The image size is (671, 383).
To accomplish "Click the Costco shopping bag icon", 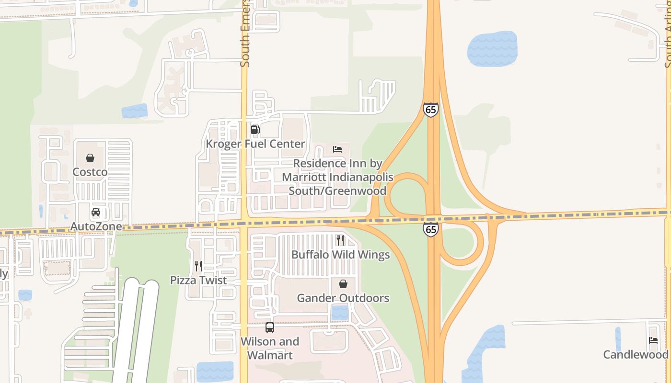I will pyautogui.click(x=90, y=158).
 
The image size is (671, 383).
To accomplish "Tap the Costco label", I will pyautogui.click(x=90, y=171).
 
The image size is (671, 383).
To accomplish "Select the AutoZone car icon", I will pyautogui.click(x=96, y=212).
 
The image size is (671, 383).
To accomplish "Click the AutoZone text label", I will pyautogui.click(x=96, y=226).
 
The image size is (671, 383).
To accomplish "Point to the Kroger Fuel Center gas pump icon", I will pyautogui.click(x=255, y=130).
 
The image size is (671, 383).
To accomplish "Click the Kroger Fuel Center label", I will pyautogui.click(x=255, y=144).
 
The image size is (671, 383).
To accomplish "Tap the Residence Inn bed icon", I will pyautogui.click(x=337, y=149).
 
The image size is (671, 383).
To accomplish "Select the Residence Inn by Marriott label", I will pyautogui.click(x=337, y=177).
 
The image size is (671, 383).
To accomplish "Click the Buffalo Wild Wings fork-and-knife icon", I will pyautogui.click(x=340, y=240).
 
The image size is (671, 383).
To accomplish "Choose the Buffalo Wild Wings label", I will pyautogui.click(x=340, y=254).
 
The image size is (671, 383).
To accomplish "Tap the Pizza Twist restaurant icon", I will pyautogui.click(x=198, y=266).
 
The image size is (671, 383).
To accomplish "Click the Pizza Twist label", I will pyautogui.click(x=198, y=280).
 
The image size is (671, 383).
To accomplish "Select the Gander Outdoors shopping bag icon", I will pyautogui.click(x=343, y=284).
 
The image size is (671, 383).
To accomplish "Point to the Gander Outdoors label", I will pyautogui.click(x=343, y=298).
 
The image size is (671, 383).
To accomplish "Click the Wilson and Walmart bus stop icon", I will pyautogui.click(x=270, y=327).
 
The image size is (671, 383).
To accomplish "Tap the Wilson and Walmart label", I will pyautogui.click(x=270, y=348).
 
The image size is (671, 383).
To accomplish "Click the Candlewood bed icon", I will pyautogui.click(x=653, y=341).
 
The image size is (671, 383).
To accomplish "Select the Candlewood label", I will pyautogui.click(x=636, y=354).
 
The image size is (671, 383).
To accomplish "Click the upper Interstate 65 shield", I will pyautogui.click(x=431, y=110).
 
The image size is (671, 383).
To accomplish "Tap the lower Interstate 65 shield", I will pyautogui.click(x=431, y=229).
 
